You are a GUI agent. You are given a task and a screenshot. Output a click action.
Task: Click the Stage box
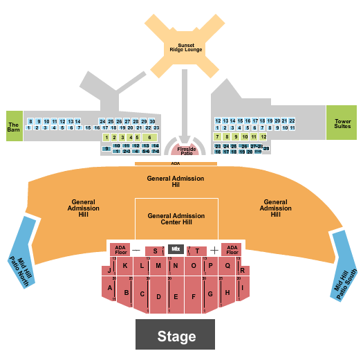click(176, 336)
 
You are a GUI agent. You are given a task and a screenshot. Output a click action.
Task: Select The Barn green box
click(14, 126)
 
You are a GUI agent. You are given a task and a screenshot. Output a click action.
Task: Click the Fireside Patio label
click(187, 150)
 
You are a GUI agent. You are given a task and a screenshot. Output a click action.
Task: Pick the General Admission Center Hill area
click(176, 219)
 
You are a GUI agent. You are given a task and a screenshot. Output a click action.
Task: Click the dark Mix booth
click(176, 249)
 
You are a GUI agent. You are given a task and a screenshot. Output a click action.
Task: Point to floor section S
click(155, 251)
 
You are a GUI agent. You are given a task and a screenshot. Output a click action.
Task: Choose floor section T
click(197, 251)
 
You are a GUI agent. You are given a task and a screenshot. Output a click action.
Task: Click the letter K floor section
click(125, 266)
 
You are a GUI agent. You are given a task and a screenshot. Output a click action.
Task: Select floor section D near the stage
click(159, 297)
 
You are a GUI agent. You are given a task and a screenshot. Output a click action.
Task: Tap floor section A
click(110, 288)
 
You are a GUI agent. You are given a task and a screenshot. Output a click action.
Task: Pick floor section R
click(243, 270)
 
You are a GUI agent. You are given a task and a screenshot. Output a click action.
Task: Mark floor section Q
click(227, 266)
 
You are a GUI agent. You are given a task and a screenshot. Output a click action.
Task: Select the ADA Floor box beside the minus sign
click(120, 249)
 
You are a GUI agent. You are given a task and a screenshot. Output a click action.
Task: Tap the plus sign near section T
click(215, 250)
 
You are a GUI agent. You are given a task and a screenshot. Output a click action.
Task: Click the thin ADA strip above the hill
click(176, 164)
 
